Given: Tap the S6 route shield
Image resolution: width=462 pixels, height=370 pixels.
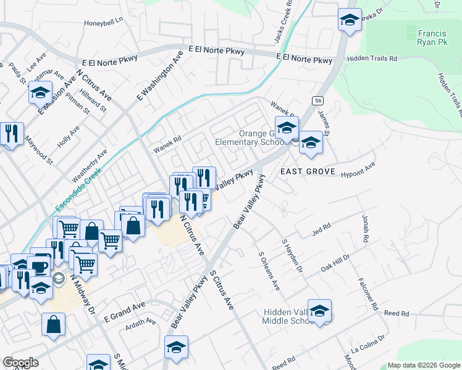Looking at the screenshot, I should [318, 100].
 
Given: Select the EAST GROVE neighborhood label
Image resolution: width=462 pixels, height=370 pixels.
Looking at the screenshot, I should [308, 171].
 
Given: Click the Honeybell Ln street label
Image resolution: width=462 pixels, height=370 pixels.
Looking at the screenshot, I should [104, 22].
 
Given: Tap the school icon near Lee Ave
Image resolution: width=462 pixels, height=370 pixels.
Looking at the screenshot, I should [40, 94].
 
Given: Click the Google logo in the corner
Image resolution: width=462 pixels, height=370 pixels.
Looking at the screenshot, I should [20, 363].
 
